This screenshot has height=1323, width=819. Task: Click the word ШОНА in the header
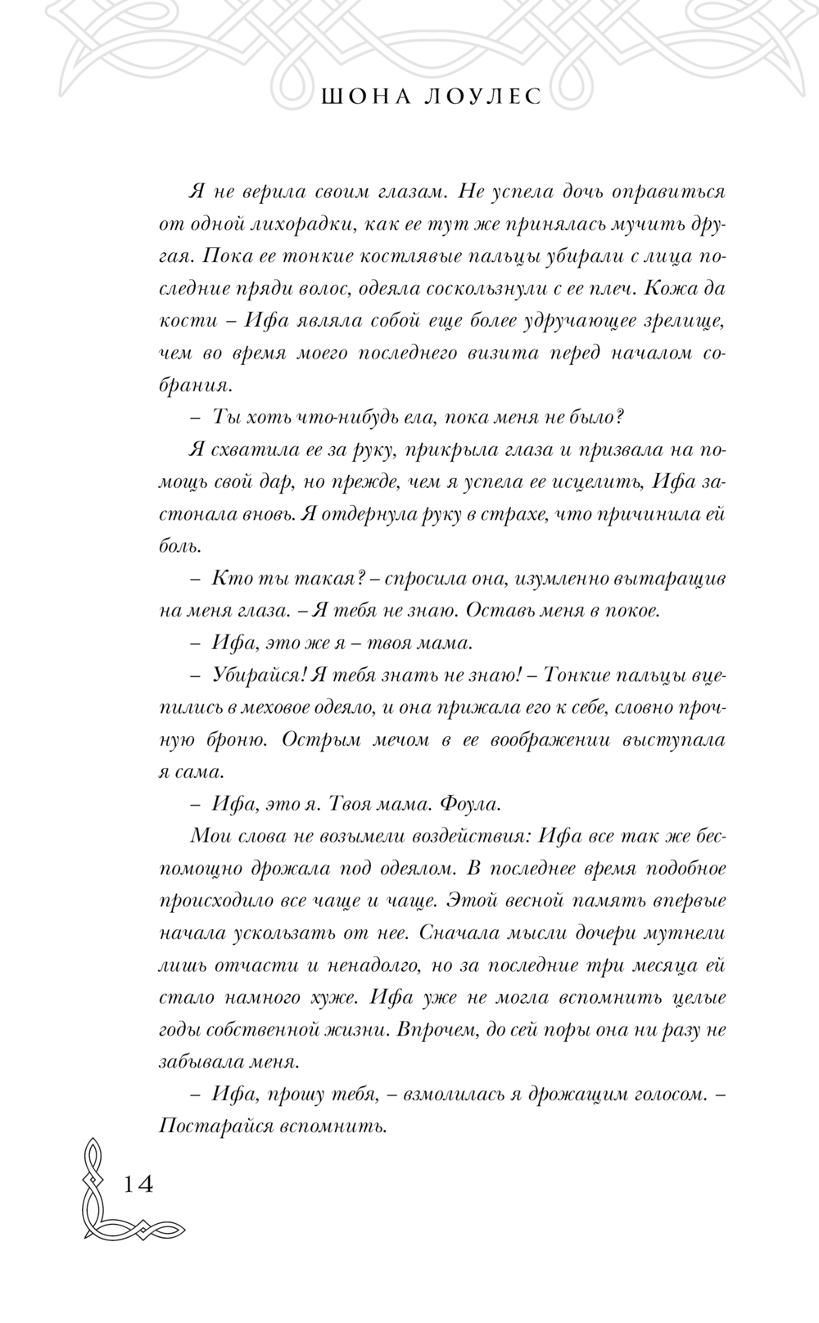point(351,97)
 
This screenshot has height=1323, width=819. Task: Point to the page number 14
point(138,1184)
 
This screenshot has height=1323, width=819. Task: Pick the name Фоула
point(470,804)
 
